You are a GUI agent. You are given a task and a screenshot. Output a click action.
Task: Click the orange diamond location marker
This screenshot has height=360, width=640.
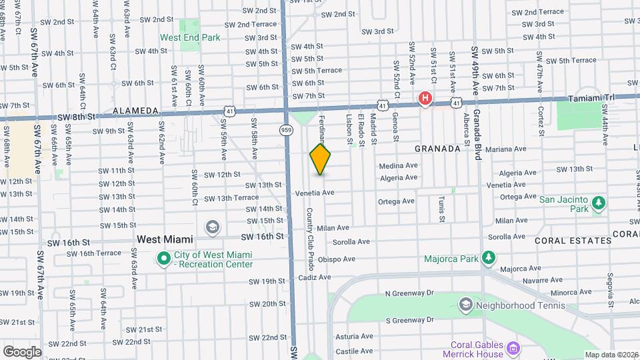[321, 159]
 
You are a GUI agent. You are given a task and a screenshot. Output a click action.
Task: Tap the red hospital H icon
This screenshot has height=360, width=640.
[424, 99]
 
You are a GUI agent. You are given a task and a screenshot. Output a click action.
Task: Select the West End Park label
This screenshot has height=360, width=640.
[190, 38]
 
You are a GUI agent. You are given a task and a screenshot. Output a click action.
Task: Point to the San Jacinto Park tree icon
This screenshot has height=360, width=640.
[599, 201]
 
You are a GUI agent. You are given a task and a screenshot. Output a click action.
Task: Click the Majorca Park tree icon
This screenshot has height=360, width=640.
[489, 257]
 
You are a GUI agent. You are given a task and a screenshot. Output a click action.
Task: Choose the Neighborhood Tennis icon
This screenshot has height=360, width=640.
[465, 306]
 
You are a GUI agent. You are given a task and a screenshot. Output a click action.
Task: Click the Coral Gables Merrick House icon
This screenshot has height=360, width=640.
[513, 348]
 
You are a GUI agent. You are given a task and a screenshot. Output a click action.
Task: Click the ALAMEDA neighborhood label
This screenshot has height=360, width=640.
[135, 111]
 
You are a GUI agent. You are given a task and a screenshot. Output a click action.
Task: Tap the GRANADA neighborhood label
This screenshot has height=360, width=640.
[437, 149]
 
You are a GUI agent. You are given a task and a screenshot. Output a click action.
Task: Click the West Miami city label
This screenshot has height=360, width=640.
[165, 239]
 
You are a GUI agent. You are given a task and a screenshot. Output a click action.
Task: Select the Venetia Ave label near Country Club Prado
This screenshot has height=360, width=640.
[314, 193]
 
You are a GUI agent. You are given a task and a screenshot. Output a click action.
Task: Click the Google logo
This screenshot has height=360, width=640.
[22, 351]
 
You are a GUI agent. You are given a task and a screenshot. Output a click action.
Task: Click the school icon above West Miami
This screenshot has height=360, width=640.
[212, 227]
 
